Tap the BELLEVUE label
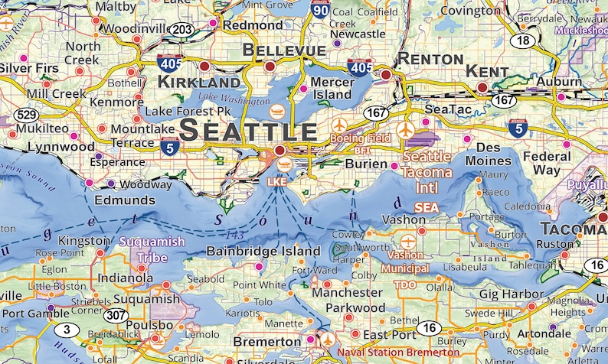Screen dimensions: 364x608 coord(283,50)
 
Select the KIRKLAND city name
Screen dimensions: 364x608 coord(198,82)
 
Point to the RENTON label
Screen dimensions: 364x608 coord(429,59)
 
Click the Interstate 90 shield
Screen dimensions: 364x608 coord(321,9)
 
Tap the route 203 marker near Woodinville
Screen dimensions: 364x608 coord(182,29)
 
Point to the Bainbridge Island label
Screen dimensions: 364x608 coord(263,251)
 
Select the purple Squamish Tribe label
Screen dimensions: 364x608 coord(152,249)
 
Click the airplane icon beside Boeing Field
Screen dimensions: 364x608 coord(341,125)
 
